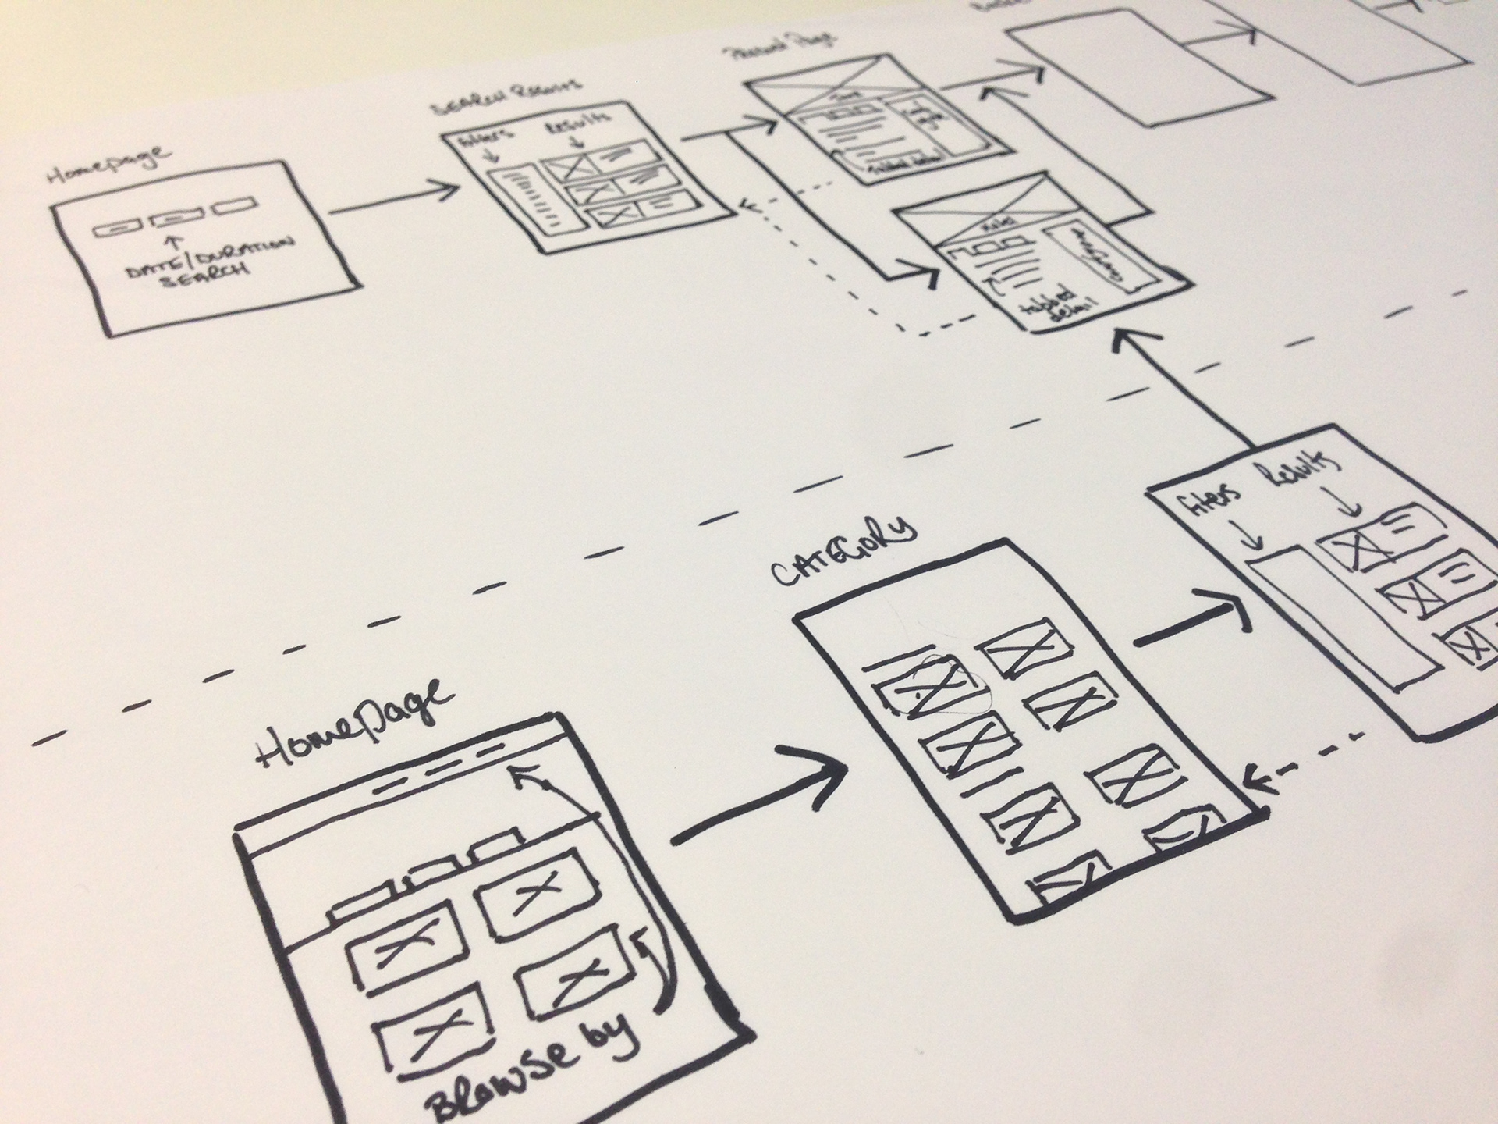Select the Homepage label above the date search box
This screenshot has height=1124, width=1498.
109,163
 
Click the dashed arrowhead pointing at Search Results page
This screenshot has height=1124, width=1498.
749,205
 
